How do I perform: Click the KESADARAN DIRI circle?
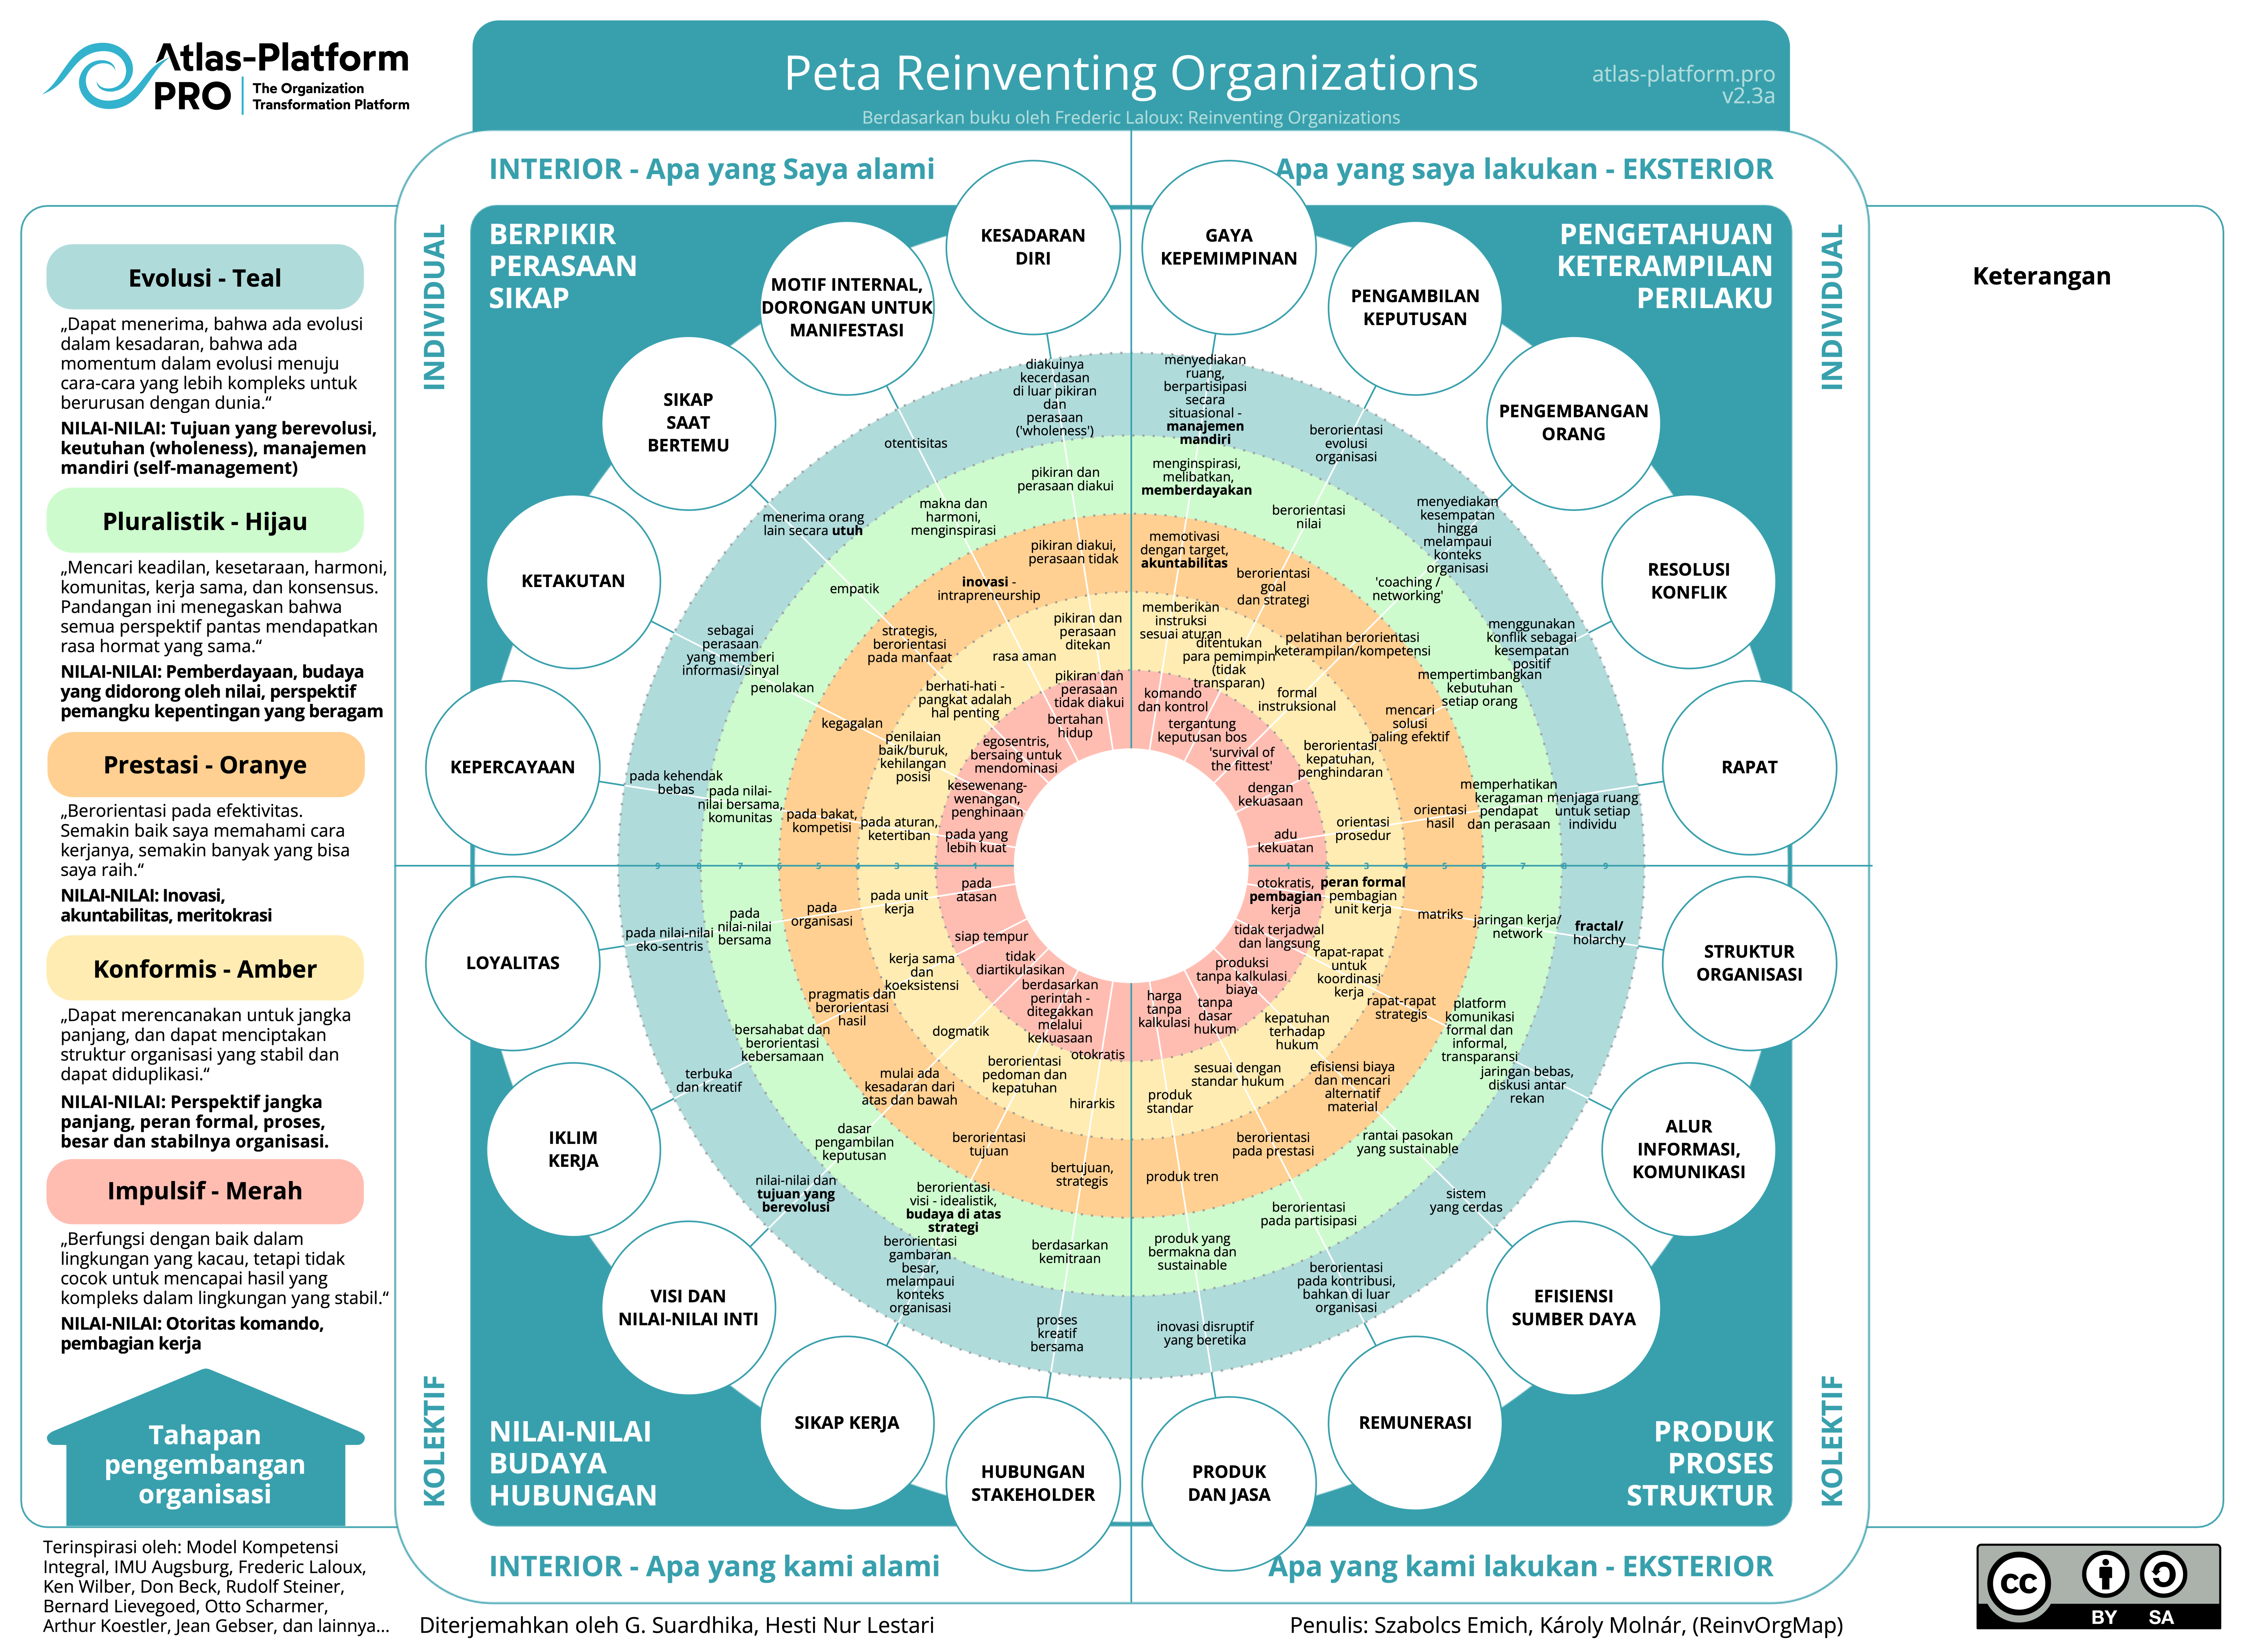tap(1033, 247)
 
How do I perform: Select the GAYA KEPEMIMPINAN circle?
tap(1229, 247)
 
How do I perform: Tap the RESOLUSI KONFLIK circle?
tap(1688, 581)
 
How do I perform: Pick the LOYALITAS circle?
tap(513, 962)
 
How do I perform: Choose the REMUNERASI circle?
tap(1414, 1422)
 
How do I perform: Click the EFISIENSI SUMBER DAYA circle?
tap(1573, 1307)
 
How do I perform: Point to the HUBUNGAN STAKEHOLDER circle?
tap(1033, 1483)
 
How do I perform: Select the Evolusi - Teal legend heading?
tap(205, 278)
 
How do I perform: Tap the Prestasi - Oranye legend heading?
tap(205, 765)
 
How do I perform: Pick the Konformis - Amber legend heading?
tap(205, 968)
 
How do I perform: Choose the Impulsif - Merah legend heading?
tap(205, 1191)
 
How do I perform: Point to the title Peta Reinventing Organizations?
tap(1130, 74)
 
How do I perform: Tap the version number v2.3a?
tap(1747, 97)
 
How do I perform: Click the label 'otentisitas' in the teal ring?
tap(916, 443)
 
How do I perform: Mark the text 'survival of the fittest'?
tap(1242, 758)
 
